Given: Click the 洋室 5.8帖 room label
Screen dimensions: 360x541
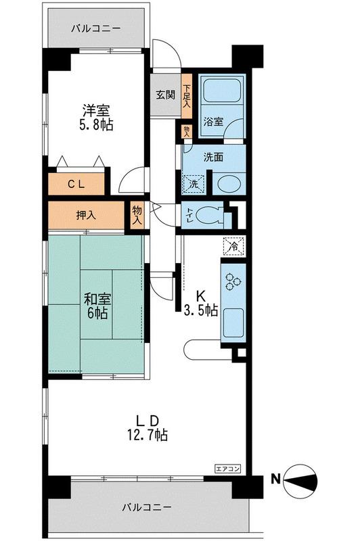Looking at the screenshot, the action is [96, 117].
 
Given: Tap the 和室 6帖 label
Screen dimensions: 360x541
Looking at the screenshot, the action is [97, 306].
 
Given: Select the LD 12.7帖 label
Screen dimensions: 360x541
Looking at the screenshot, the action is [148, 427].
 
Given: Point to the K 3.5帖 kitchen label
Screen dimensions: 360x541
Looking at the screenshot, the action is [200, 303].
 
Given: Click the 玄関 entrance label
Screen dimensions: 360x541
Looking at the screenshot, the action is [166, 95].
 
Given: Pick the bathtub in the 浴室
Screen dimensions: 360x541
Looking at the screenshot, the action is [221, 91].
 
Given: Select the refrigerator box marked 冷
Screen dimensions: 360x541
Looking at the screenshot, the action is [233, 246].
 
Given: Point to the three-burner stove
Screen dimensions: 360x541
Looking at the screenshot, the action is [233, 281].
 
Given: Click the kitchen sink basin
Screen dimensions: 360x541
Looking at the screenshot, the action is [233, 323].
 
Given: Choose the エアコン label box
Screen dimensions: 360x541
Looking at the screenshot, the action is [227, 469].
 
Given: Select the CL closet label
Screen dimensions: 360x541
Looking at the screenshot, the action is [76, 184].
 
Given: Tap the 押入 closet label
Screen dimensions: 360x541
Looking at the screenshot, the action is [85, 216].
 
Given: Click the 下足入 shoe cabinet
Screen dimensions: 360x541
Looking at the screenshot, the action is [187, 96].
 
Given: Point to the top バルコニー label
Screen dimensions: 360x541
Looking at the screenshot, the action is [96, 28].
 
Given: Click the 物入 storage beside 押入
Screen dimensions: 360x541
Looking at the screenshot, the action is [137, 215].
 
